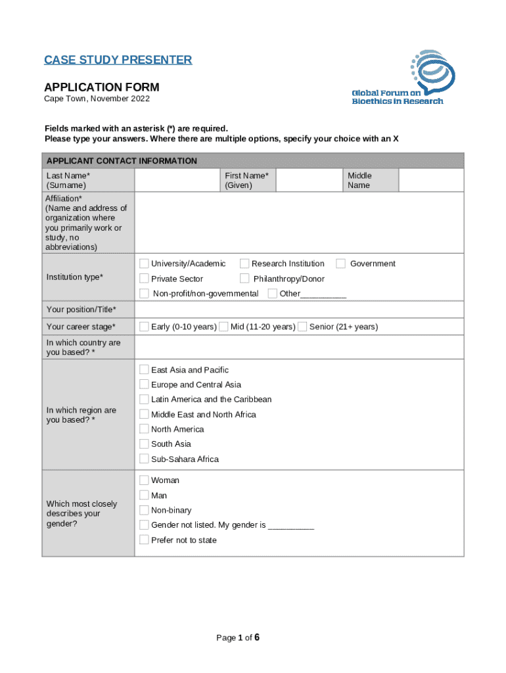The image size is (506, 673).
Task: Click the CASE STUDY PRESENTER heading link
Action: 118,60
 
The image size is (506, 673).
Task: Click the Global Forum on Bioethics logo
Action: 398,78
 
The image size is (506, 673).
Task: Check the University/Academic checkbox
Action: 144,264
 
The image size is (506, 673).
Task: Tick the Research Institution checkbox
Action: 244,264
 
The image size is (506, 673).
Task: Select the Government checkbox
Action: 341,264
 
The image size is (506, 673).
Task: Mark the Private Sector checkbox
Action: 144,279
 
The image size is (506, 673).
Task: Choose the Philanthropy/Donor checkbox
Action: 244,279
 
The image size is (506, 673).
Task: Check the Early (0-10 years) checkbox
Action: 144,327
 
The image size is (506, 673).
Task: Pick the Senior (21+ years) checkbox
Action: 302,327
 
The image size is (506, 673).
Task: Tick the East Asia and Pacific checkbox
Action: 144,370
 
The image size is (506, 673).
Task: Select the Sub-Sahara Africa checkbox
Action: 144,459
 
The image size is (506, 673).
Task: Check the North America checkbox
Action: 144,429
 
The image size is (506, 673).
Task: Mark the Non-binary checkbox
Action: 144,510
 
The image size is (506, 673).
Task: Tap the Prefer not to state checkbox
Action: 144,540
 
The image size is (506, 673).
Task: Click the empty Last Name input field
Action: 177,180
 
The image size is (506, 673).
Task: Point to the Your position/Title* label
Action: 81,310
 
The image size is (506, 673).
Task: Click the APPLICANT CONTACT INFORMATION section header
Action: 122,161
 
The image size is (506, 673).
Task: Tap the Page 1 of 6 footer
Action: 239,638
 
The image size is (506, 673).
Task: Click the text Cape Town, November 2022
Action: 97,99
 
